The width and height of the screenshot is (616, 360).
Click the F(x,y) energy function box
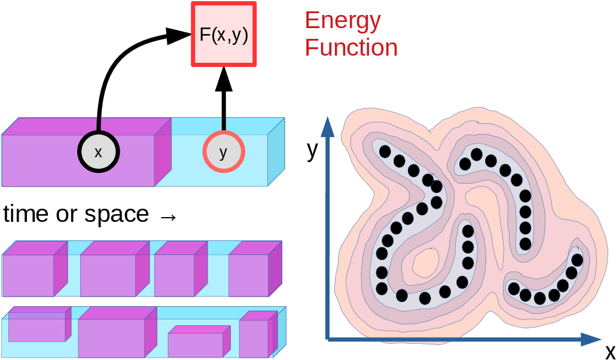223,34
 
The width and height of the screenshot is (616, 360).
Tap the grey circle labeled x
98,152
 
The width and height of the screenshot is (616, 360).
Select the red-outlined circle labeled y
224,152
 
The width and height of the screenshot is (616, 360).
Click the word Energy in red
343,21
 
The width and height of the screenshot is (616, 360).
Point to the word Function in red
351,48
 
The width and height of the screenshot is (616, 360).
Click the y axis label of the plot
312,150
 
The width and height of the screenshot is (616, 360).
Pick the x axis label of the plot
609,350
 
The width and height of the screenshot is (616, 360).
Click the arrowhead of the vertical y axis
327,126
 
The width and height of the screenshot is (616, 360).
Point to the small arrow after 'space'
169,216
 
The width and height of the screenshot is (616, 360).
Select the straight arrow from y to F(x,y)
224,99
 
